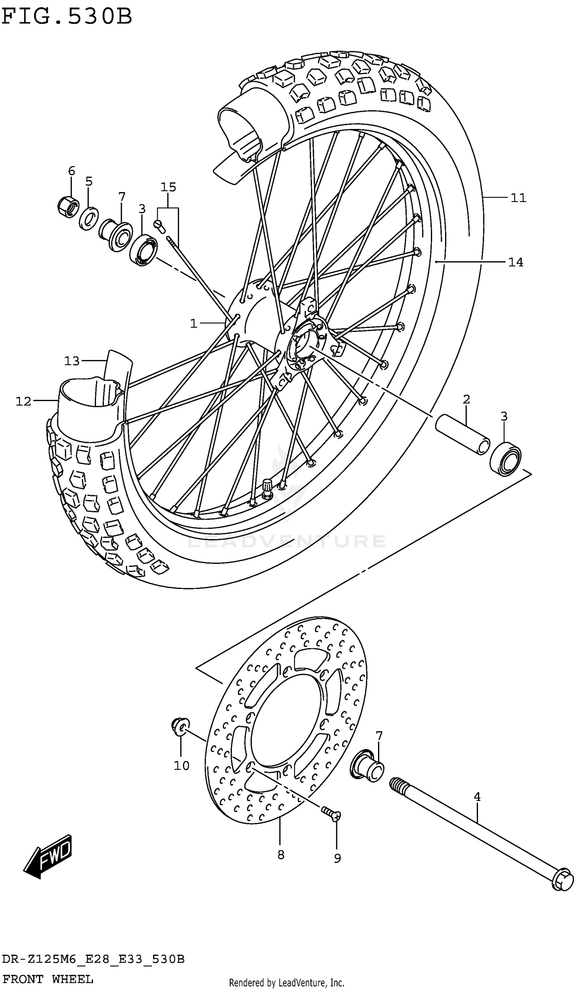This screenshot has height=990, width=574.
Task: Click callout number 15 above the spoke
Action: click(x=168, y=187)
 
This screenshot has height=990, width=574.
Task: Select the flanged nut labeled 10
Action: click(x=180, y=726)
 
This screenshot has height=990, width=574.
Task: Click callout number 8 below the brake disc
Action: click(x=280, y=855)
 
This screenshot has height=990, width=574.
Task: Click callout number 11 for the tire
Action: click(x=518, y=198)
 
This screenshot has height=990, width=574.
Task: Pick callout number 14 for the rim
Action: click(x=515, y=262)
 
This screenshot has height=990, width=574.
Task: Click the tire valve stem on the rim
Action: click(x=267, y=489)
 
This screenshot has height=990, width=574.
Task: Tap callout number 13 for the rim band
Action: click(x=72, y=360)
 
